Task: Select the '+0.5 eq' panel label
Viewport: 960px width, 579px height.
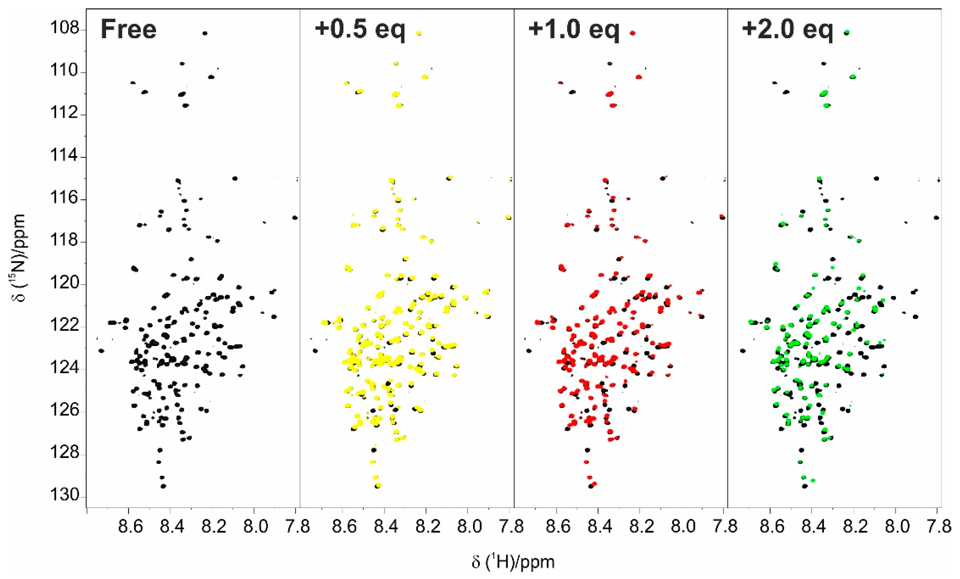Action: click(x=360, y=29)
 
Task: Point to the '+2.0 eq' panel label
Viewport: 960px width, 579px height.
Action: click(x=787, y=29)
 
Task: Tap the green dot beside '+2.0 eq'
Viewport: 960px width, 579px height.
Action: click(x=847, y=33)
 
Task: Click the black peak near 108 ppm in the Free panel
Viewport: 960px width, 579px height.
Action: click(x=205, y=34)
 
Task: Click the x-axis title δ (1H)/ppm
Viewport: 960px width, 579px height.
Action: click(x=513, y=562)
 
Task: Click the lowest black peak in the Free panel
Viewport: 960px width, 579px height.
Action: click(x=163, y=486)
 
